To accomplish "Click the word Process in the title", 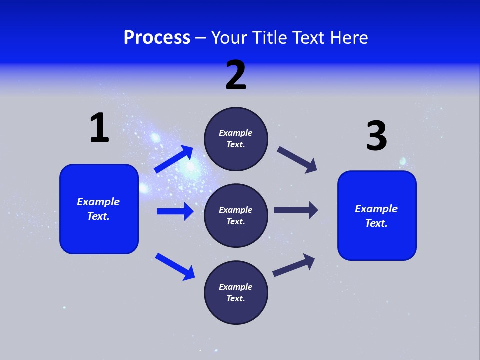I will pos(157,38).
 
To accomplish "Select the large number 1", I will pos(99,128).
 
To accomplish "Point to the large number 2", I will pos(236,75).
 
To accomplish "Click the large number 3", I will pos(376,136).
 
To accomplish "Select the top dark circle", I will pos(236,139).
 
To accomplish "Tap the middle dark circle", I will pos(236,215).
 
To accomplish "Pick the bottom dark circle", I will pos(236,292).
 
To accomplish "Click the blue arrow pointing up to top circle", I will pos(174,159).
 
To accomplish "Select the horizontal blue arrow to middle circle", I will pos(175,211).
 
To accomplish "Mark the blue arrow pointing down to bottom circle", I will pos(175,266).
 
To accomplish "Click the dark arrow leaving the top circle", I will pos(297,159).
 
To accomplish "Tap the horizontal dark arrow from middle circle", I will pos(296,210).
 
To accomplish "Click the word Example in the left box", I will pos(98,202).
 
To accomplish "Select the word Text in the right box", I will pos(376,223).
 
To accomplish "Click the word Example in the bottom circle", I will pos(236,287).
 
